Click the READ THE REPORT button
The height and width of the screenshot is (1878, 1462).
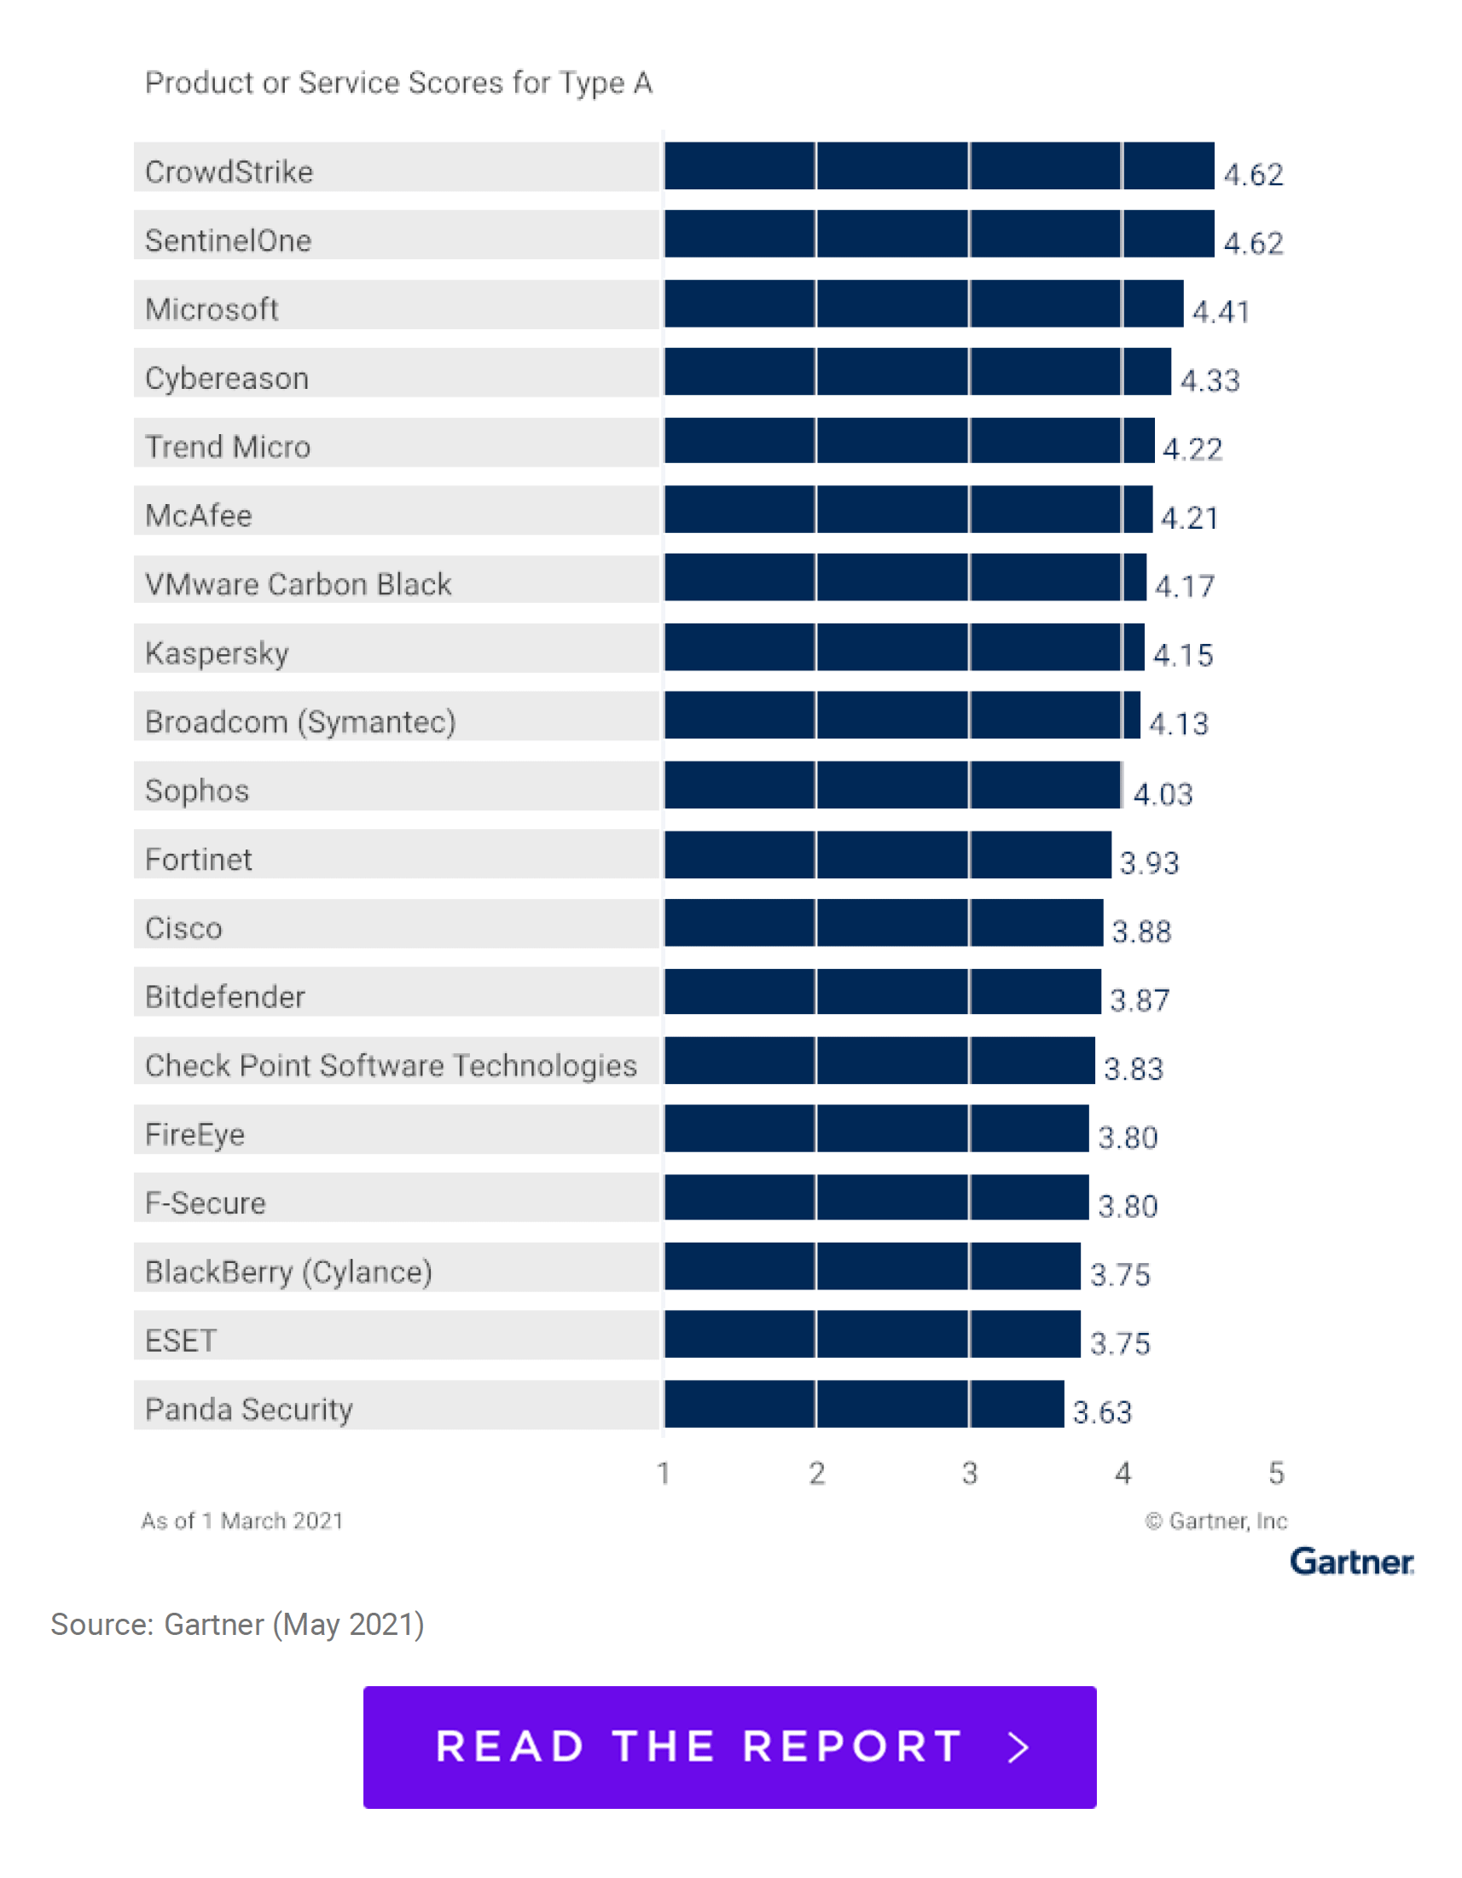[729, 1747]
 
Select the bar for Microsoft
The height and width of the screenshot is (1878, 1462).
[923, 303]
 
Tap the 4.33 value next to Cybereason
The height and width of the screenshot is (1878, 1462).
[1210, 380]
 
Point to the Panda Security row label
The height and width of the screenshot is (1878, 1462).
[248, 1409]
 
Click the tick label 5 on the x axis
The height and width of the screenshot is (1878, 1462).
[1276, 1473]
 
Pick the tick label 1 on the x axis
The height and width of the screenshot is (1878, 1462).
[663, 1473]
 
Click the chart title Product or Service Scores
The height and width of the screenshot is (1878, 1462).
[398, 83]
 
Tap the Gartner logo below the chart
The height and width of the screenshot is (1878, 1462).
[1351, 1562]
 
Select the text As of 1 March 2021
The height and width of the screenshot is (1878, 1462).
[241, 1521]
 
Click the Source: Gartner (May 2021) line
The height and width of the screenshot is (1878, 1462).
[237, 1625]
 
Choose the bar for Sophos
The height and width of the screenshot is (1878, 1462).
[892, 785]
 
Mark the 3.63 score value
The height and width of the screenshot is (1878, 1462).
[1102, 1412]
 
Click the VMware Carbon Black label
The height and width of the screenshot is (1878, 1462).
[298, 584]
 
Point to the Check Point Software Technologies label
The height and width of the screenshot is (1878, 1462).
[391, 1065]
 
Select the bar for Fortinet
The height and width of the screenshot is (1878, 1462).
[886, 854]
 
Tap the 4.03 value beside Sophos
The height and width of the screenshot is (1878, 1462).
[1163, 794]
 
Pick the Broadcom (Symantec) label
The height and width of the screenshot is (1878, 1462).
[300, 722]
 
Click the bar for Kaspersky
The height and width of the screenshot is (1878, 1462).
[903, 646]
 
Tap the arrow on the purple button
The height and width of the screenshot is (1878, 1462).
[1018, 1747]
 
